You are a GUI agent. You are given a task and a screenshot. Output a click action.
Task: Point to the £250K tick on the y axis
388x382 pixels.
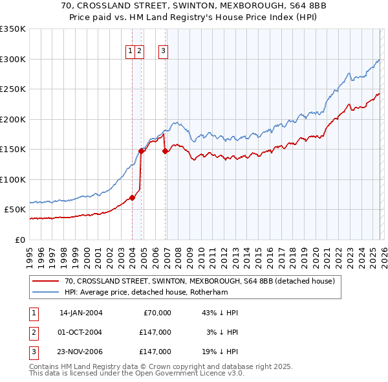(13, 89)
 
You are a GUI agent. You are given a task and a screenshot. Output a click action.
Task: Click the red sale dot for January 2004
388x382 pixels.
(132, 197)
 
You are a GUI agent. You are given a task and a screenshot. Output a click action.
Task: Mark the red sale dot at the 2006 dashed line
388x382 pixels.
(166, 151)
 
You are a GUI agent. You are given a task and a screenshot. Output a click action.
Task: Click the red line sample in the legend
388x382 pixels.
(46, 282)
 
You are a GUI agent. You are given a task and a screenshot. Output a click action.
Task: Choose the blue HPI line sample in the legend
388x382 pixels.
(46, 293)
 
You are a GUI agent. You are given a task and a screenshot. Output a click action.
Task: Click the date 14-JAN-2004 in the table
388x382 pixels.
(81, 313)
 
